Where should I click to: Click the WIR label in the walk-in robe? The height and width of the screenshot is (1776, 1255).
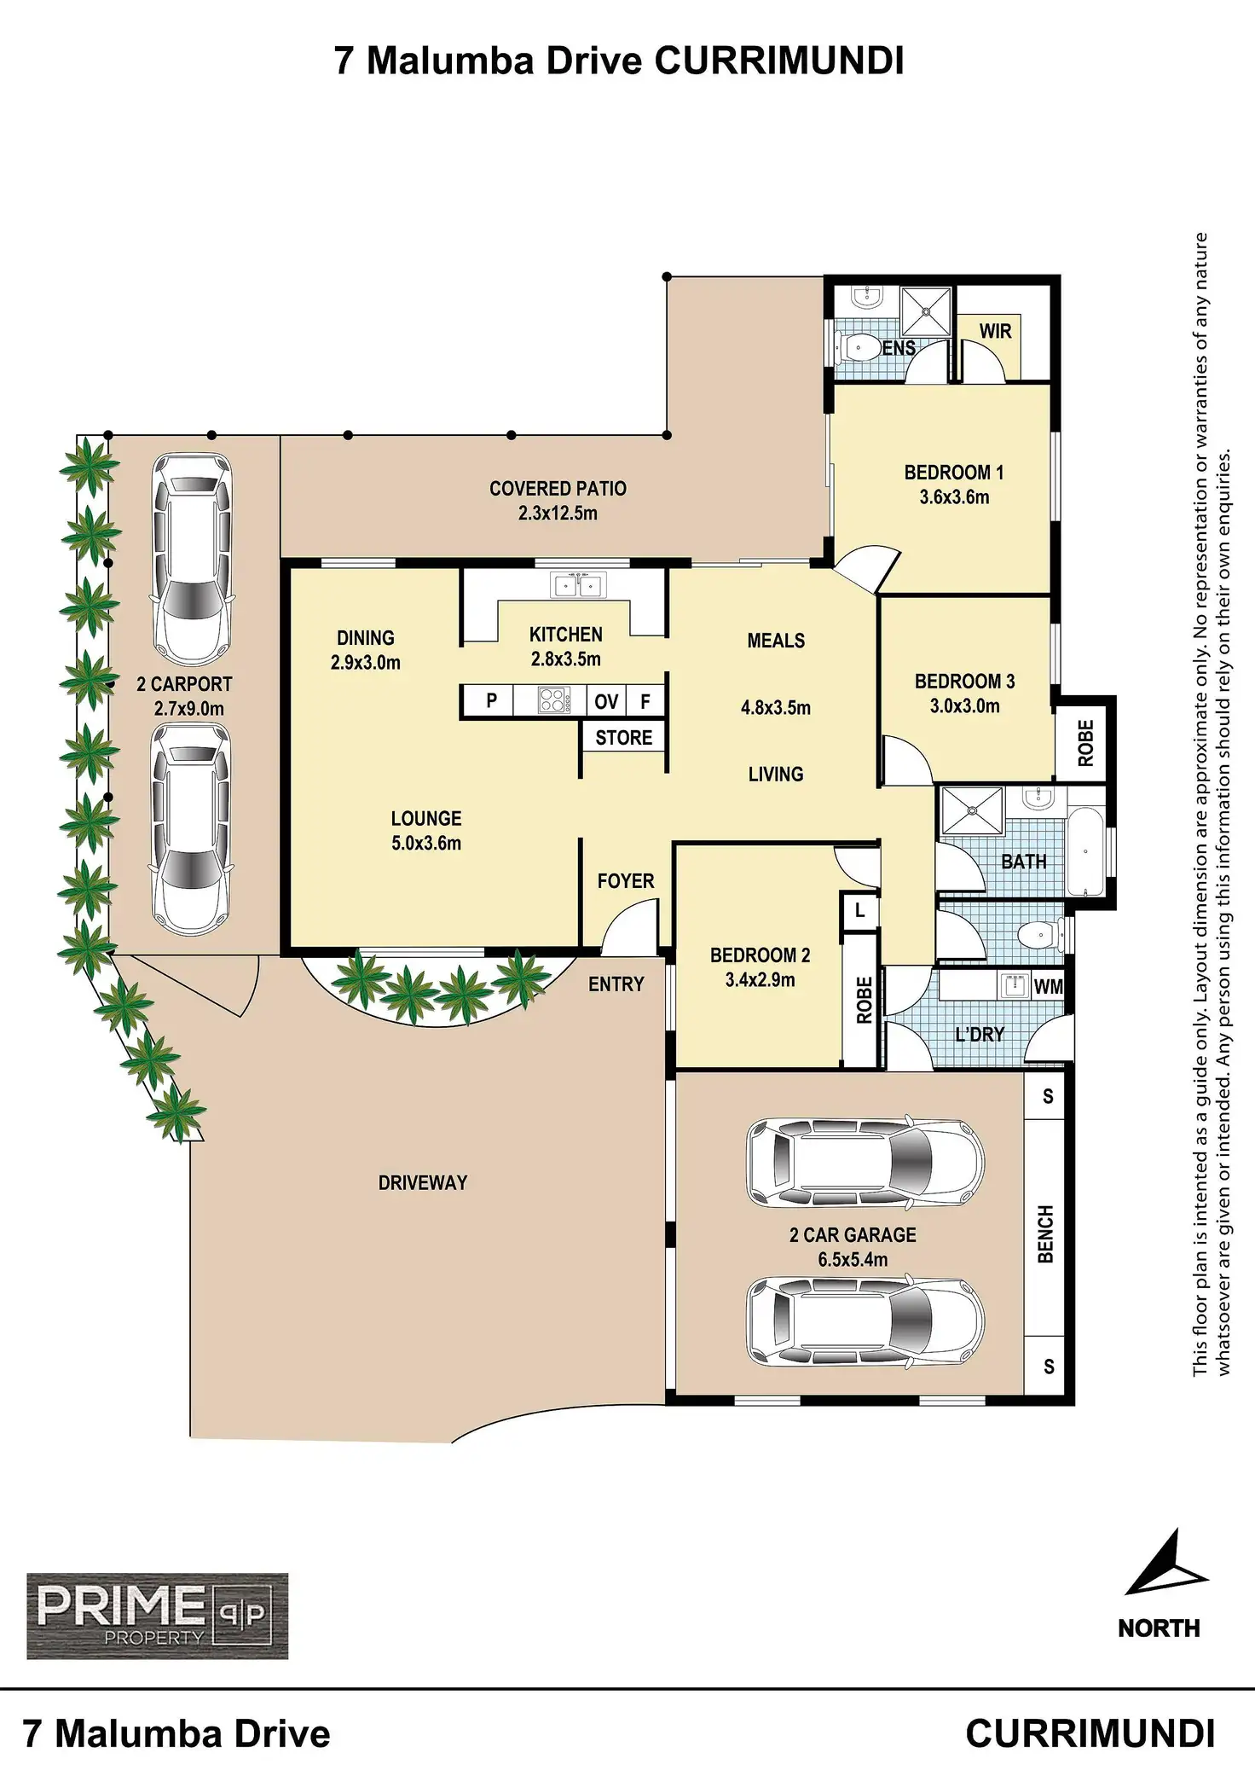tap(995, 331)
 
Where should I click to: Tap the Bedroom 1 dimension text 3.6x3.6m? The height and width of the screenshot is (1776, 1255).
tap(954, 497)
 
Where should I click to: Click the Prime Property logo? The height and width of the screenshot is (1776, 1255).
tap(157, 1616)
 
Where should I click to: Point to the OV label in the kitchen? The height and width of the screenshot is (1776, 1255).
tap(606, 701)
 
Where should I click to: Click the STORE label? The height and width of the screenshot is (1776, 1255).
tap(623, 738)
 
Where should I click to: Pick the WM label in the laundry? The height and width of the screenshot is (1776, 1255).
tap(1048, 987)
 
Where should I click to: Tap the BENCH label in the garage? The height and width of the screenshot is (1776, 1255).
tap(1046, 1233)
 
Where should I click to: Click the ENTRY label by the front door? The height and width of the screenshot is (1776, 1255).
tap(616, 984)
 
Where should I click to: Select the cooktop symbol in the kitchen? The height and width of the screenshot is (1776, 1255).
tap(551, 700)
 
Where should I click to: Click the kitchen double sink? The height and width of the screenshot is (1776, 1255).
tap(579, 585)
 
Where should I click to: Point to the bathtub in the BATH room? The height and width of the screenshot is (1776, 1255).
tap(1087, 850)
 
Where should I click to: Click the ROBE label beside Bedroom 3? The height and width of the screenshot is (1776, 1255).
tap(1085, 742)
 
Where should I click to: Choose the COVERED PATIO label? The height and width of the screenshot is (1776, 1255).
tap(558, 489)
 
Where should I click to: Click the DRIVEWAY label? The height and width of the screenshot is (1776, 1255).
tap(423, 1182)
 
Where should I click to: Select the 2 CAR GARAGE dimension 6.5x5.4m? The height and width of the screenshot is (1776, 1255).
tap(853, 1259)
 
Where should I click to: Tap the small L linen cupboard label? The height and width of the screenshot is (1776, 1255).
tap(859, 911)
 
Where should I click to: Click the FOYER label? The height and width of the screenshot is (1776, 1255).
tap(625, 881)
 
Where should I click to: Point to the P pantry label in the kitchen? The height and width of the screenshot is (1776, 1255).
tap(491, 701)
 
